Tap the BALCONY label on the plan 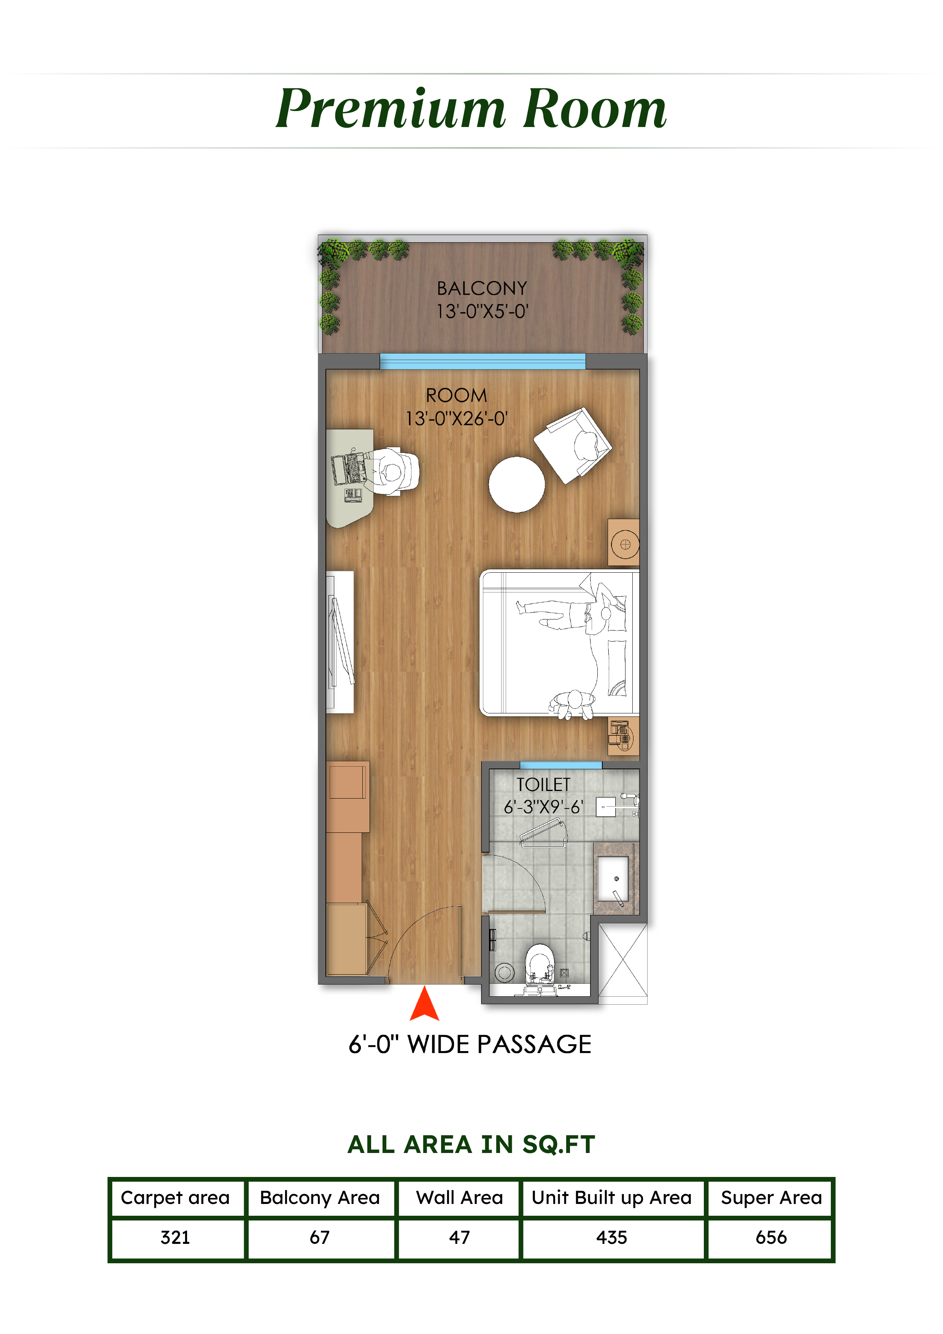(482, 288)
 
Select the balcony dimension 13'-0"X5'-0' (482, 311)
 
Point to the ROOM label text (456, 395)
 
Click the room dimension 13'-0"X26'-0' (456, 418)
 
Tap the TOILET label (543, 785)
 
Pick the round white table (516, 484)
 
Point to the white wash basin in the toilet (613, 878)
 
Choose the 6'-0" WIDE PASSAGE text (470, 1044)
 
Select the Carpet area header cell (175, 1197)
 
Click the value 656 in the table (771, 1237)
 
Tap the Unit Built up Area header (612, 1197)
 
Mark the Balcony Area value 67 (319, 1237)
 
